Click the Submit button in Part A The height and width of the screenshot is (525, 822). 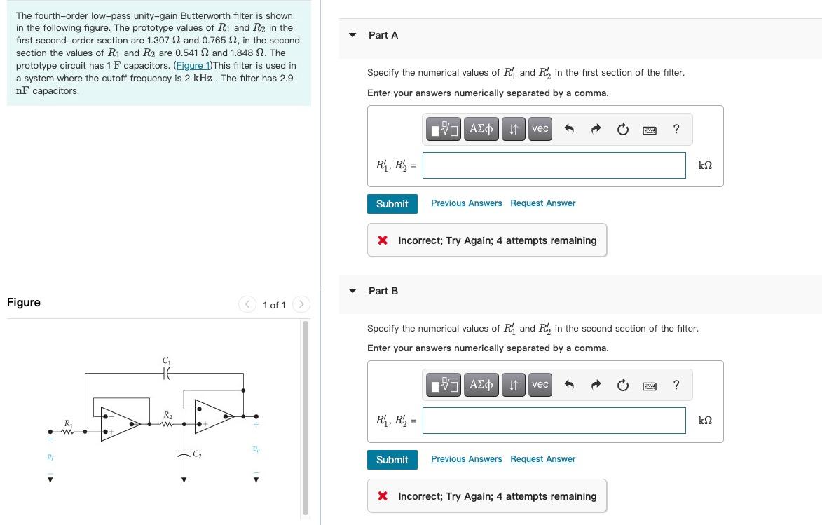pos(392,204)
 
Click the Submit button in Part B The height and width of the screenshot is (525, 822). pos(392,460)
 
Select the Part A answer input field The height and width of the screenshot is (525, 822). pos(554,165)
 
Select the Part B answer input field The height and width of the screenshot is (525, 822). pos(554,421)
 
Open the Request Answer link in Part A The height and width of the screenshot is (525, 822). pos(542,203)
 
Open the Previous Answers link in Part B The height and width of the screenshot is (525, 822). pos(466,459)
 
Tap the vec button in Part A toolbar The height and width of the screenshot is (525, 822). pos(540,129)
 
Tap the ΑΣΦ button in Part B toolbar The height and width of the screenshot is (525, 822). pos(480,385)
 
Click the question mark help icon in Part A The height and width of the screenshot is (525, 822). pos(676,129)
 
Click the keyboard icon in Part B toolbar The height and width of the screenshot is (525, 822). pos(650,385)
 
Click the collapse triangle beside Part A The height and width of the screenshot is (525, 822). pos(352,35)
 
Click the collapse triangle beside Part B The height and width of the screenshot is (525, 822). pos(352,291)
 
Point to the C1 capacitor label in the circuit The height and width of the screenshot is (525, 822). pos(166,361)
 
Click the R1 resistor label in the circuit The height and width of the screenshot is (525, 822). pos(68,423)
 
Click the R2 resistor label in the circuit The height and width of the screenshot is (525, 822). pos(167,416)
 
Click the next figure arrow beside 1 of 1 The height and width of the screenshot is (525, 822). pos(301,304)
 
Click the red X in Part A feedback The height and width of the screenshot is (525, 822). pos(383,240)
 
